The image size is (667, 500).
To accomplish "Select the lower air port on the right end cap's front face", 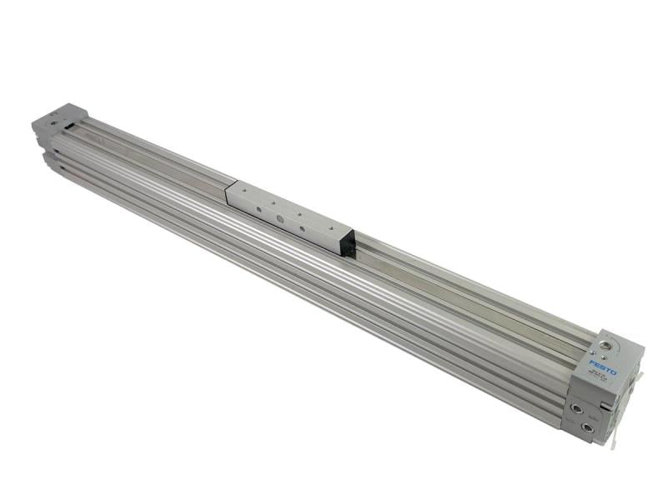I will [589, 429].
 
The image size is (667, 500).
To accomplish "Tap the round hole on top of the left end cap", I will [55, 122].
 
